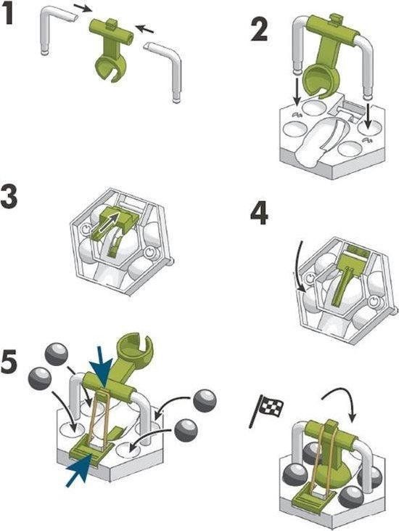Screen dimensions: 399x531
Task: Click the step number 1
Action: coord(9,15)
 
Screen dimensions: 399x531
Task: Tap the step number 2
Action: coord(260,29)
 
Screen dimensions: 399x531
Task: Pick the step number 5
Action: coord(9,362)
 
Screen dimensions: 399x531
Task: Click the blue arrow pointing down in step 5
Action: coord(101,368)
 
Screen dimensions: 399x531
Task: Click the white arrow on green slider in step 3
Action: coord(105,223)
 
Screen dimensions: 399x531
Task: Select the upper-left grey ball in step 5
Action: coord(56,354)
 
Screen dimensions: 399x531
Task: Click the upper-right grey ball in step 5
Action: coord(205,401)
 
